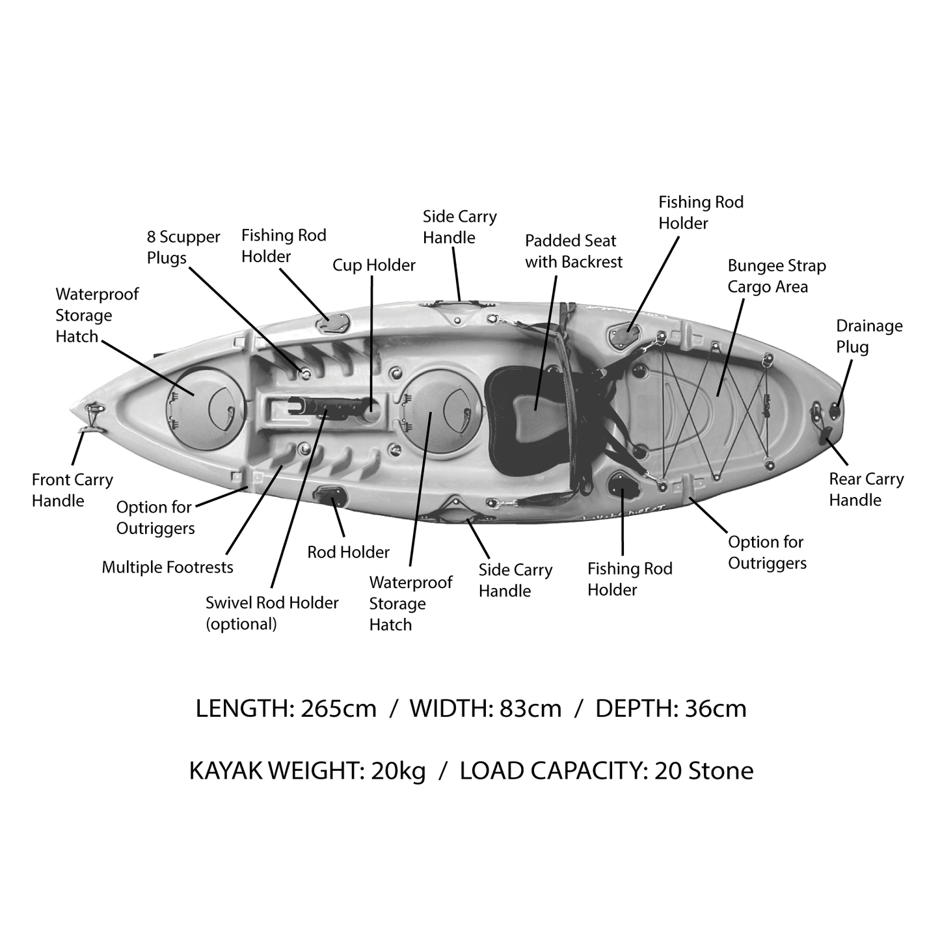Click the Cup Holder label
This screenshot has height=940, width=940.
[x=373, y=265]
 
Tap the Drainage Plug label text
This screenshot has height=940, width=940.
[x=868, y=336]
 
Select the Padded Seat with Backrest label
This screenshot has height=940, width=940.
[x=573, y=251]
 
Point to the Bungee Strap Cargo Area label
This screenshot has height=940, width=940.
[x=776, y=276]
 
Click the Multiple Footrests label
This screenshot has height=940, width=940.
[x=167, y=567]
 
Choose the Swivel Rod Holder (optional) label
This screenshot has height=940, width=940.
[x=271, y=613]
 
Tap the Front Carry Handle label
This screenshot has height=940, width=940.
[x=72, y=490]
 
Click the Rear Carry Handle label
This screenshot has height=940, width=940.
[x=866, y=489]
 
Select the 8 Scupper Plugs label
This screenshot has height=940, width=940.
[x=183, y=247]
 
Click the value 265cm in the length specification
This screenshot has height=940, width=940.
[x=338, y=708]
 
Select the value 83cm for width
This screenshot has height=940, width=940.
[x=530, y=708]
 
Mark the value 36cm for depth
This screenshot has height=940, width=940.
[x=716, y=708]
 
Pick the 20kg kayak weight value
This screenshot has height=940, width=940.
[x=398, y=771]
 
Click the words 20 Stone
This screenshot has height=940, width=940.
[x=704, y=771]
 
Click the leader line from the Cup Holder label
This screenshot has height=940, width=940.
[x=372, y=338]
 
